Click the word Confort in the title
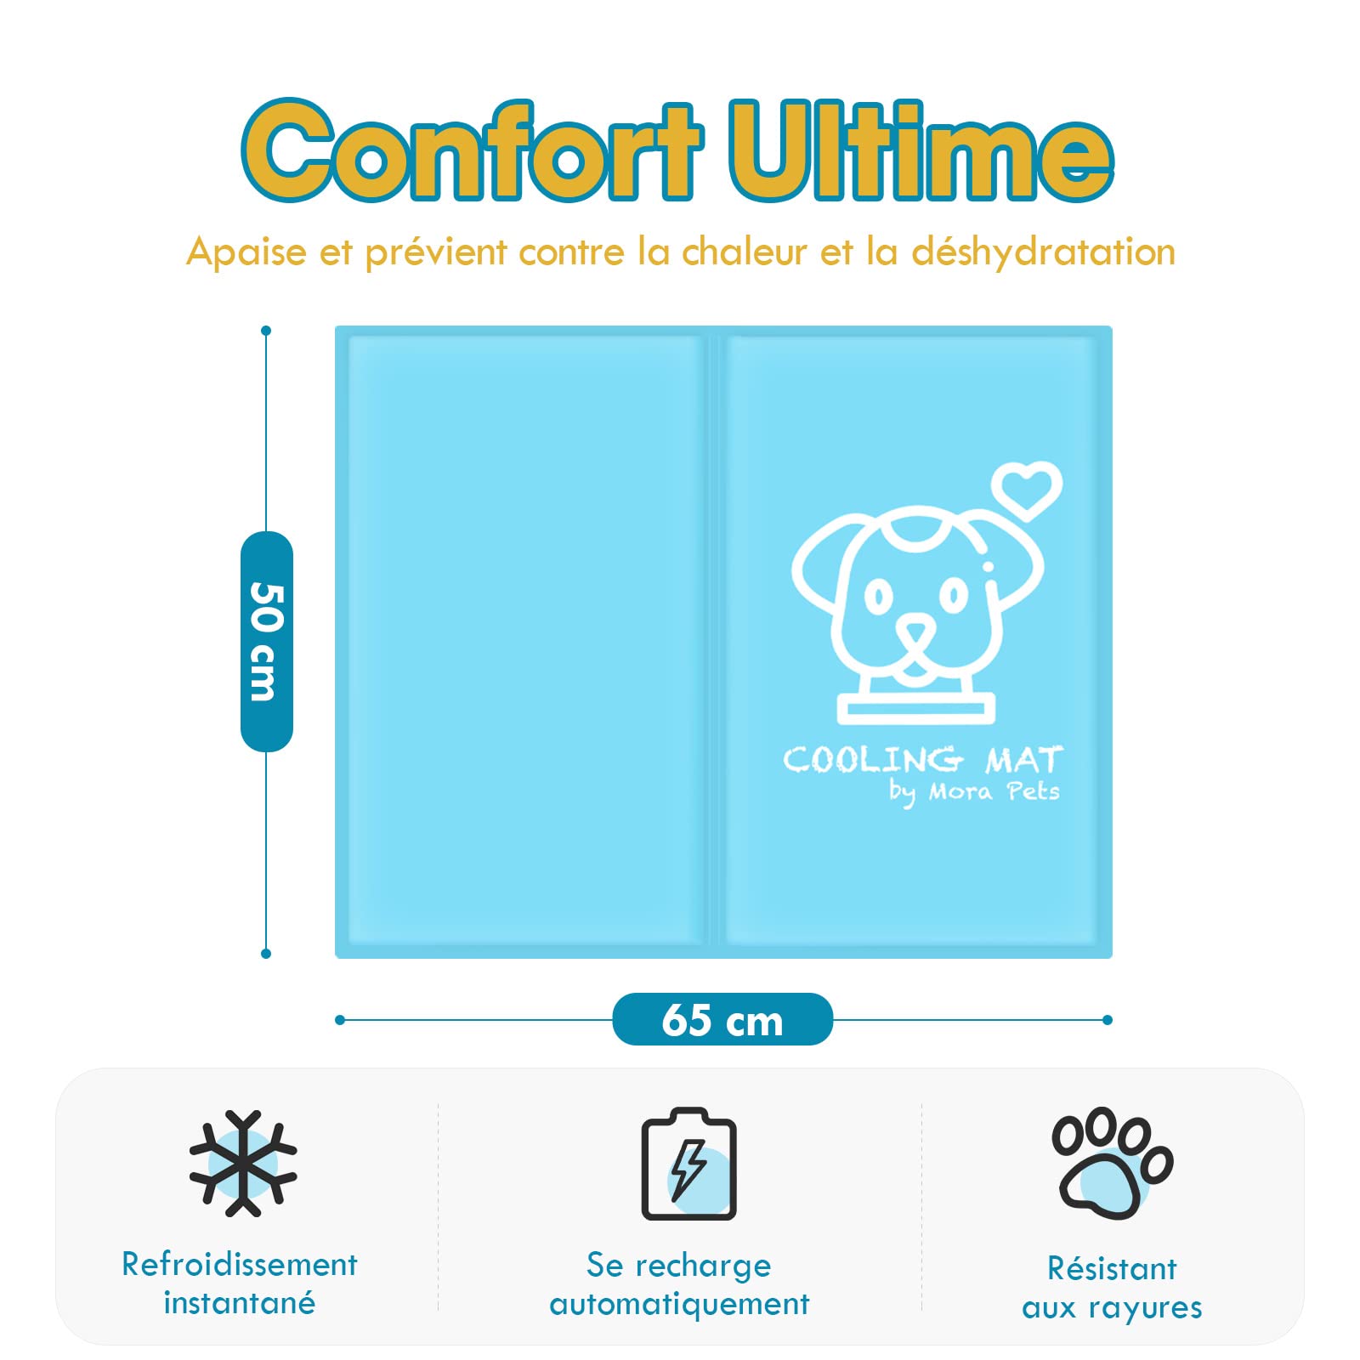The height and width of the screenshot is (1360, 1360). click(473, 150)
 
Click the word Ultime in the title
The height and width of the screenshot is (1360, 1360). click(921, 150)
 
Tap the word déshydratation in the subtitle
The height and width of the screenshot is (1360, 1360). click(1043, 252)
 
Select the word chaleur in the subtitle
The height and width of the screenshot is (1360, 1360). click(745, 252)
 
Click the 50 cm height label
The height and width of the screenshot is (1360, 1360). click(267, 641)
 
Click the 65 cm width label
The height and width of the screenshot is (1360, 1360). click(722, 1019)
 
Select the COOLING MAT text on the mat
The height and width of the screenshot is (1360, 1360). click(923, 759)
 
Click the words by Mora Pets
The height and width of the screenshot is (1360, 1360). click(975, 792)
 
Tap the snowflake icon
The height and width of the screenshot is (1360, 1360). click(243, 1163)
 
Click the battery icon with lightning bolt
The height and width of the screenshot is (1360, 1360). click(688, 1164)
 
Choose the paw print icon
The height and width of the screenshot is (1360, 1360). click(1112, 1163)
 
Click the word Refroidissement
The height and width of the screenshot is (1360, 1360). click(240, 1264)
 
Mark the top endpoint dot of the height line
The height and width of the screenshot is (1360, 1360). click(266, 331)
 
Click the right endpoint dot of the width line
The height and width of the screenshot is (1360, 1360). click(1107, 1020)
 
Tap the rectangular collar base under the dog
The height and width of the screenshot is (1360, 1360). click(915, 709)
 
